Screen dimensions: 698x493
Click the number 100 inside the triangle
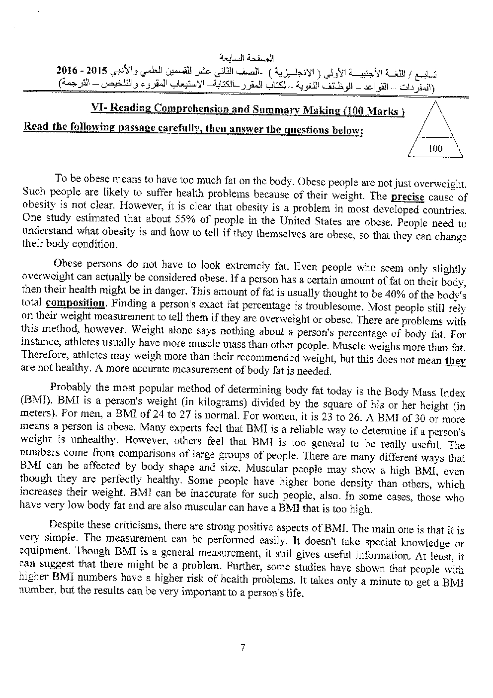(435, 148)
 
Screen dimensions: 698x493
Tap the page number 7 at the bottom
(243, 647)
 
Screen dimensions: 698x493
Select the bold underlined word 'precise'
(408, 197)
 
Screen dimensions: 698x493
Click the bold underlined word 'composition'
(75, 303)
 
